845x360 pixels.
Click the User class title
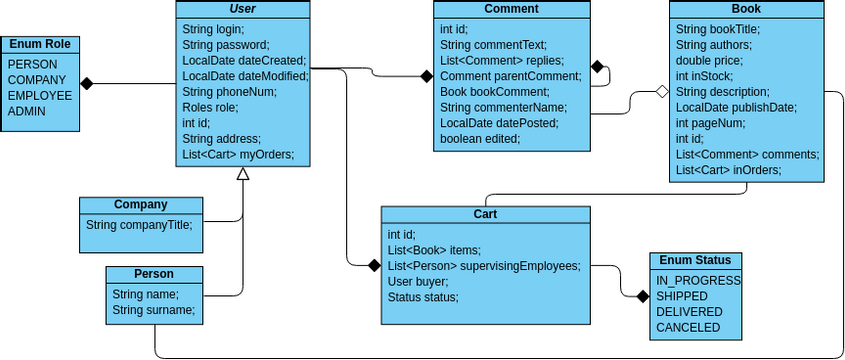[242, 9]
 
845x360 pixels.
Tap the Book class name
[747, 9]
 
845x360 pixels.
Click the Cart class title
[485, 214]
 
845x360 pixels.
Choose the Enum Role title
[40, 45]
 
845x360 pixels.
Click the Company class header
[140, 204]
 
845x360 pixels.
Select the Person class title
[154, 274]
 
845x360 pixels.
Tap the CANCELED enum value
[688, 327]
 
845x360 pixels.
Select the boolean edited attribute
[480, 138]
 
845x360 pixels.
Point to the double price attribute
[709, 60]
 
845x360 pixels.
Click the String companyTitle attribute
[138, 224]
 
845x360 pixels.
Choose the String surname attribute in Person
[153, 310]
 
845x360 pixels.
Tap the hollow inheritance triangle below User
[242, 174]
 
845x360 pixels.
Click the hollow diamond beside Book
[659, 92]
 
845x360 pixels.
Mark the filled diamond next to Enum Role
[87, 84]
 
